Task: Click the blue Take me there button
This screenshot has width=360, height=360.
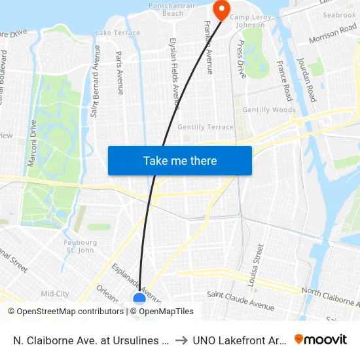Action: click(180, 160)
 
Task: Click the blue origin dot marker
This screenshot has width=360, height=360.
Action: click(139, 299)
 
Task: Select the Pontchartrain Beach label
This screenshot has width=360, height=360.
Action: click(173, 9)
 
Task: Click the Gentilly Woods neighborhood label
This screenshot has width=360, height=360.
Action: click(269, 110)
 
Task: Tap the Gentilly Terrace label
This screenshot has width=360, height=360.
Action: click(206, 126)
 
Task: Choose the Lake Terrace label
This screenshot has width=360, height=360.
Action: click(118, 33)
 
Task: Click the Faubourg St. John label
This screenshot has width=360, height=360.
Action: click(81, 246)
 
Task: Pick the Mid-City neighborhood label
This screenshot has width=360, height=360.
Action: click(55, 294)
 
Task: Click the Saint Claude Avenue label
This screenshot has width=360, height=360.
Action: click(240, 300)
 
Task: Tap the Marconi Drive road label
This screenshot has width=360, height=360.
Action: click(33, 137)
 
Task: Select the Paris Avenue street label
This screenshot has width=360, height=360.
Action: click(120, 73)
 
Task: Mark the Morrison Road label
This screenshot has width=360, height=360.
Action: click(333, 35)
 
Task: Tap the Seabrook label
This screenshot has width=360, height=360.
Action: click(339, 14)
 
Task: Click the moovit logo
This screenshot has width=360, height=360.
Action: click(321, 339)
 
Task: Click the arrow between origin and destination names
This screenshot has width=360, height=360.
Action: click(181, 340)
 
